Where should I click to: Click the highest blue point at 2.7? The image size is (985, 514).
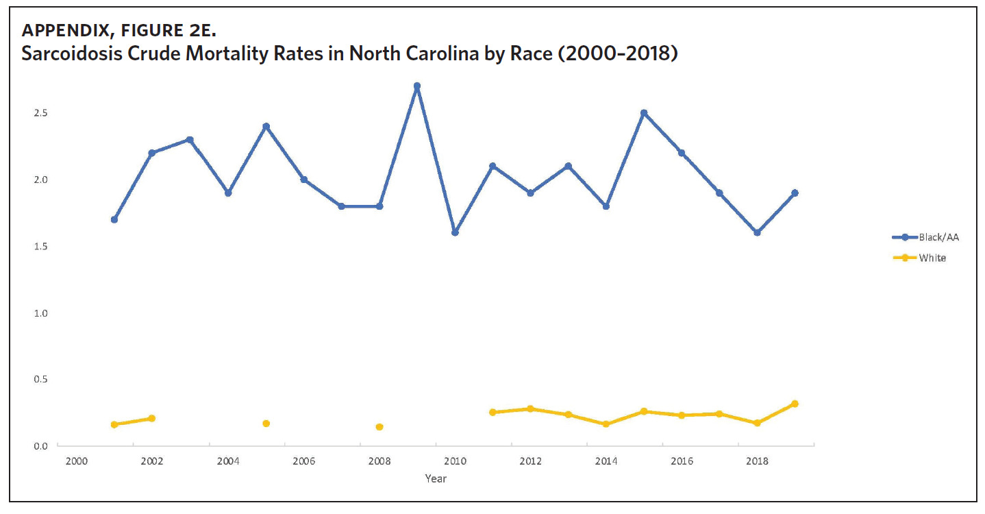click(417, 86)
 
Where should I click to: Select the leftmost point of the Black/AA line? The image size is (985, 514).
click(114, 219)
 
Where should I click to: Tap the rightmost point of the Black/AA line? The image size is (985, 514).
click(795, 193)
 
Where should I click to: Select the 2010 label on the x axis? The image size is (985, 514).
click(455, 462)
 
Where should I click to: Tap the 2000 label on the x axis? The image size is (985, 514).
click(77, 462)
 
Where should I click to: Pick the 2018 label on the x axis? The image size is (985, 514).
click(757, 462)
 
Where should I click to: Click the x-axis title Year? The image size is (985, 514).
click(436, 478)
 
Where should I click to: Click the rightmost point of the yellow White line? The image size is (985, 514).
click(795, 404)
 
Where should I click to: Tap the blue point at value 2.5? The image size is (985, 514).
click(644, 113)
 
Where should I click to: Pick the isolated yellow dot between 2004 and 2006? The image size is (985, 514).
click(266, 424)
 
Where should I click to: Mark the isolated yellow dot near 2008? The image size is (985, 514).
click(379, 427)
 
